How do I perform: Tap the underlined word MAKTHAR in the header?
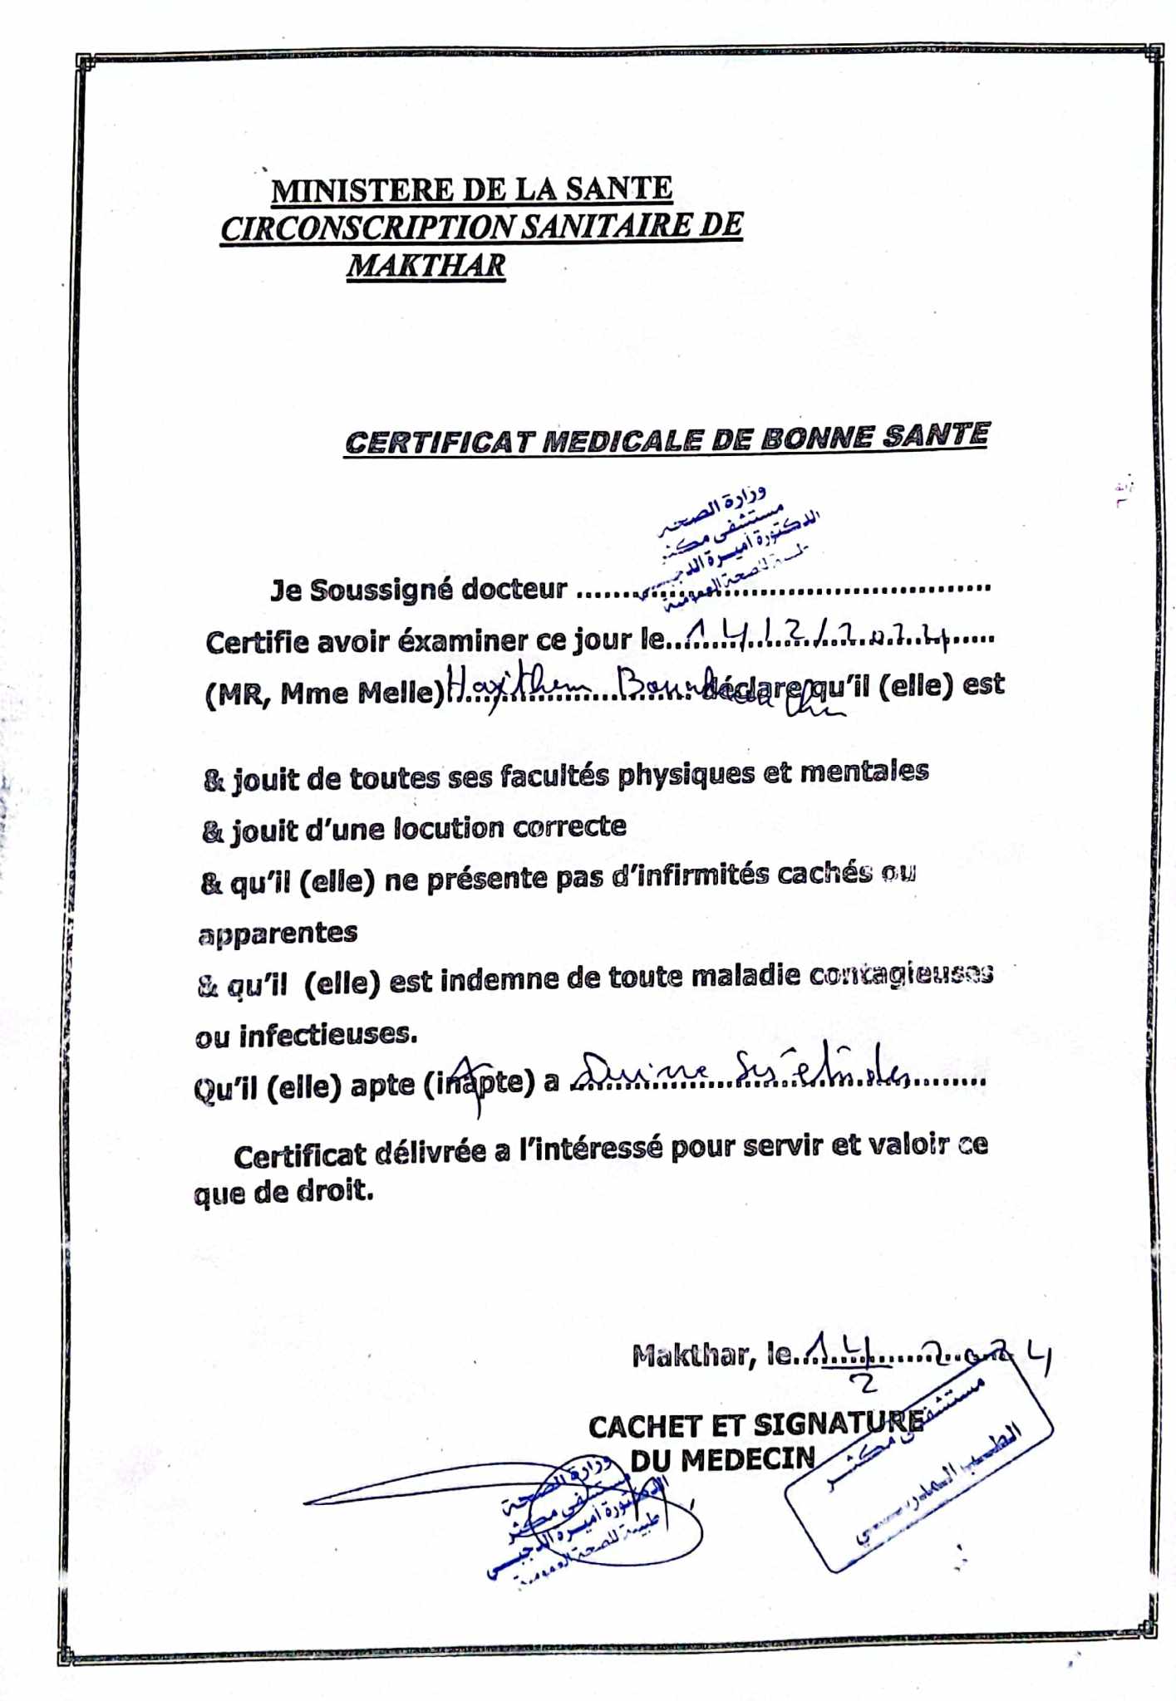[x=426, y=266]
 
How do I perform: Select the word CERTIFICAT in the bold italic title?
[x=438, y=443]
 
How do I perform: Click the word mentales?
[x=864, y=772]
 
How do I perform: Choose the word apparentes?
[x=278, y=933]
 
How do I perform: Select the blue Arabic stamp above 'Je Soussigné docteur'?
[x=731, y=540]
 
